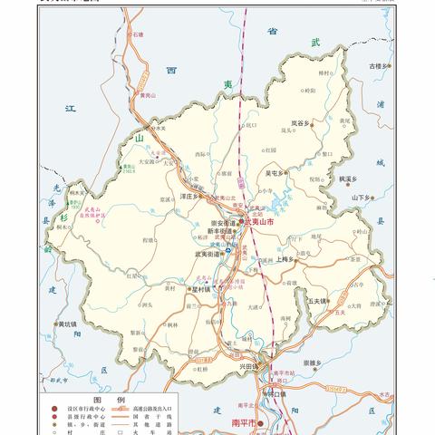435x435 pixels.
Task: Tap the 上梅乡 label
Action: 289,259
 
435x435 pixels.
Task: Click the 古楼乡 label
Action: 379,66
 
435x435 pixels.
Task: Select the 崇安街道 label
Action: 221,222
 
